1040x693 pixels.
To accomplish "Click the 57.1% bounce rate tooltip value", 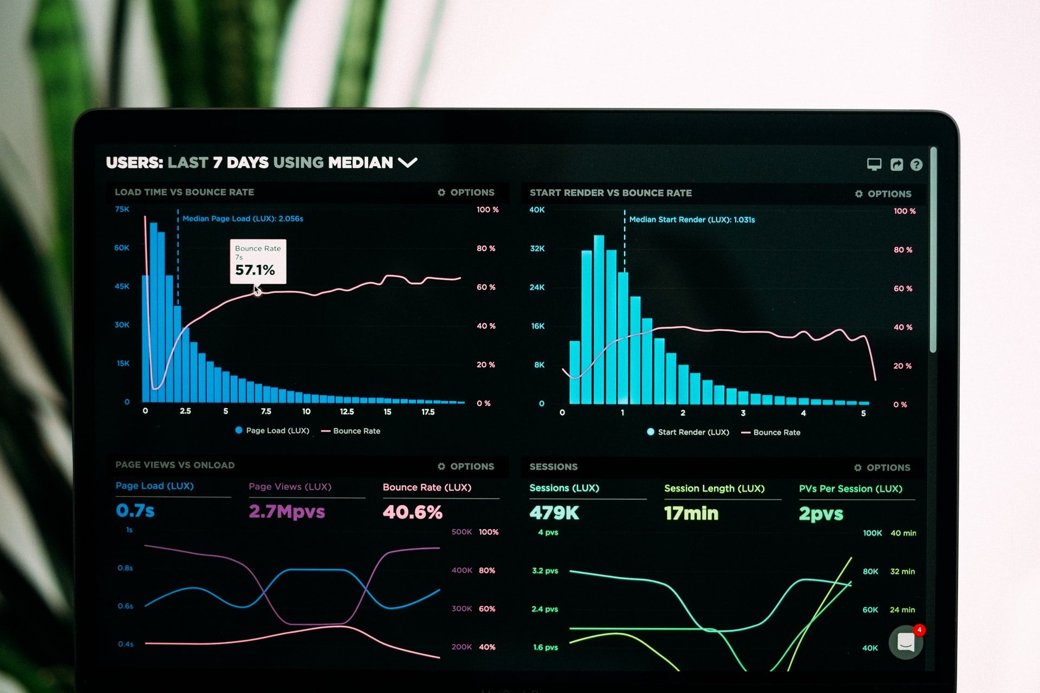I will [255, 270].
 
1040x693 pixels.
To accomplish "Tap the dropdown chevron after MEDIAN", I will [407, 162].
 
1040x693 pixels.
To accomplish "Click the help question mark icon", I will [916, 165].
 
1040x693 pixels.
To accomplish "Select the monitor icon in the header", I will [874, 164].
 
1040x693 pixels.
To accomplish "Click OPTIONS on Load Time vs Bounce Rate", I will [466, 192].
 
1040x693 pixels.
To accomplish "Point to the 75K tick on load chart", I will [122, 209].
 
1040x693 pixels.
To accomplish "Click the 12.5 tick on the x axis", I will [347, 411].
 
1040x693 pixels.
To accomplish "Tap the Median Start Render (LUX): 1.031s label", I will [692, 219].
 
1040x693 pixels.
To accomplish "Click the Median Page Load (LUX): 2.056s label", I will [243, 219].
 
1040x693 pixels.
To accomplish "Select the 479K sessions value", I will [554, 513].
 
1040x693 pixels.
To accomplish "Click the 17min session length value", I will [691, 513].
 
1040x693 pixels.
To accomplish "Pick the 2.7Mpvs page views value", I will [287, 512].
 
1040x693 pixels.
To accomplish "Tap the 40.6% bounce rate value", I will [412, 512].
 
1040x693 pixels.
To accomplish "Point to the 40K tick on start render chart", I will [537, 210].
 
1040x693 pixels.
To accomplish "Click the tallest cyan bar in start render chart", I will [599, 319].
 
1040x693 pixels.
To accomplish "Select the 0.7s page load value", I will [135, 511].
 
